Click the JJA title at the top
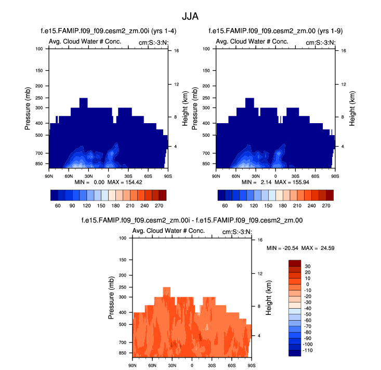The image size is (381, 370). coord(190,16)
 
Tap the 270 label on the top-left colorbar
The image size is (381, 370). coord(162,205)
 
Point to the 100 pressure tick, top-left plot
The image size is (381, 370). coord(39,49)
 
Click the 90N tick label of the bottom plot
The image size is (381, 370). coord(133,365)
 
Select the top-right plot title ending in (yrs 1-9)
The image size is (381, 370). coord(275,31)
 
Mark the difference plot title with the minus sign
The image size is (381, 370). coord(192,220)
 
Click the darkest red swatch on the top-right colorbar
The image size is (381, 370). coord(329,195)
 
